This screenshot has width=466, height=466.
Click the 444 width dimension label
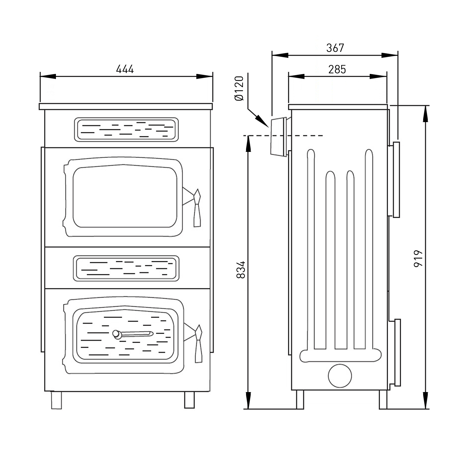[125, 69]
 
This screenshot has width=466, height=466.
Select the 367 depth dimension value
[335, 48]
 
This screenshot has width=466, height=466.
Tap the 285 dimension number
[337, 69]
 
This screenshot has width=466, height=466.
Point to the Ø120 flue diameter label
[240, 88]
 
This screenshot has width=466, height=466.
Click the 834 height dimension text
[241, 269]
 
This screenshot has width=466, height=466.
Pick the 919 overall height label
[418, 258]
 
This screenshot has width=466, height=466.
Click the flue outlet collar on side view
[278, 137]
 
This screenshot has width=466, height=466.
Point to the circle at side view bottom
[340, 376]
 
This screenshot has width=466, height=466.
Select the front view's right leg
[189, 400]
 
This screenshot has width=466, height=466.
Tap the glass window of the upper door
[125, 197]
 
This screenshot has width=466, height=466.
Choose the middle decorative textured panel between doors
[126, 268]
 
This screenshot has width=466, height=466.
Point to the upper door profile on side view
[396, 180]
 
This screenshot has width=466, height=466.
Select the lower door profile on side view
[397, 352]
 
